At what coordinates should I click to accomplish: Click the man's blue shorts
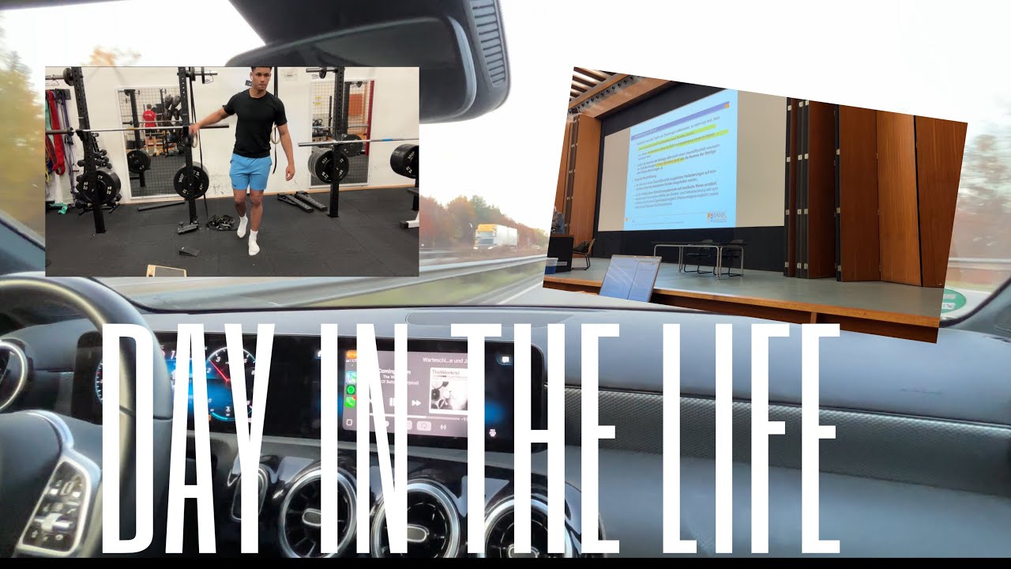[250, 172]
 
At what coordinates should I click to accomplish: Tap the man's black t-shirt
[254, 122]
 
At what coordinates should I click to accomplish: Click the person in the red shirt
[150, 122]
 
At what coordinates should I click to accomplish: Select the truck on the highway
[495, 236]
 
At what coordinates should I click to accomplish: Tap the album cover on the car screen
[447, 391]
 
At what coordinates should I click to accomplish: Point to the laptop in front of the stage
[630, 279]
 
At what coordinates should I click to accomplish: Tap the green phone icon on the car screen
[351, 402]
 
